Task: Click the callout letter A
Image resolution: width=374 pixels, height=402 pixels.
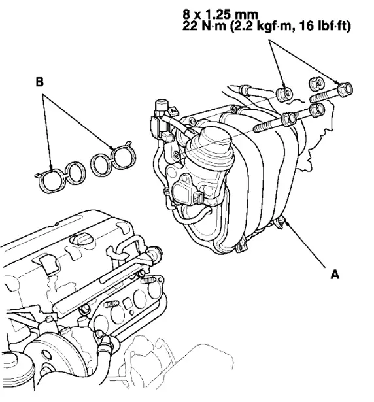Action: coord(334,275)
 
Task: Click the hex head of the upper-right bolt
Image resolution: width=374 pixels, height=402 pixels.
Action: coord(345,88)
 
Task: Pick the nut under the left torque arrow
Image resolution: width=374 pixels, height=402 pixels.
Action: coord(283,92)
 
